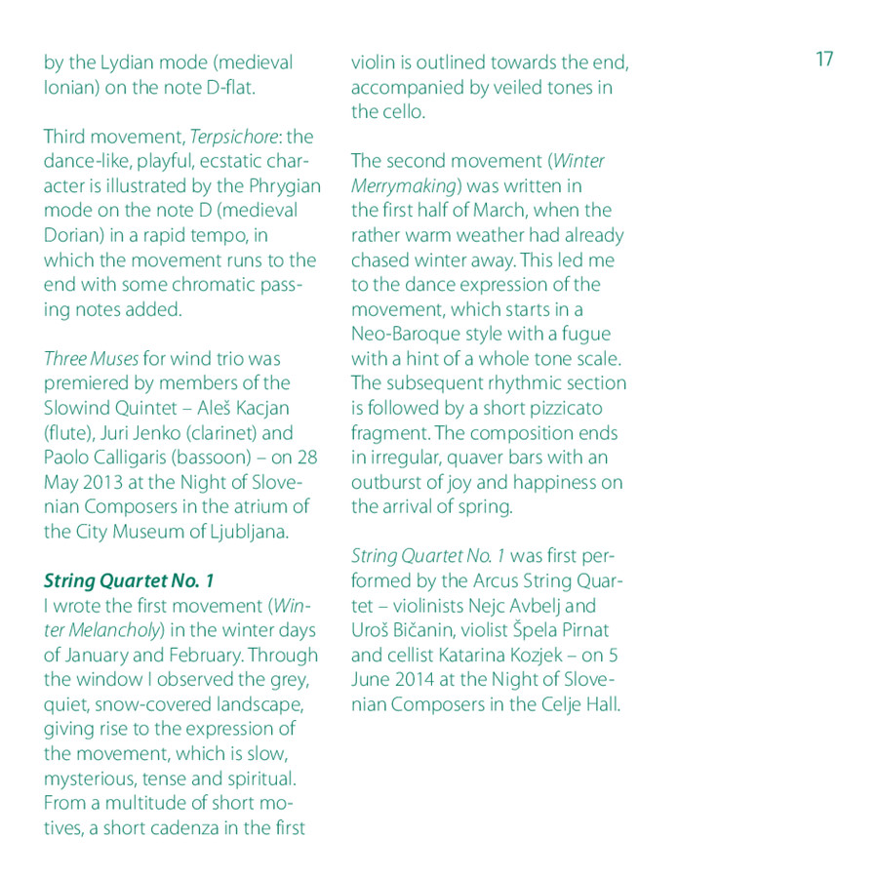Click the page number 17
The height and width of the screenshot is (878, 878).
point(824,60)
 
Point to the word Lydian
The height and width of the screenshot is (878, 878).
point(126,63)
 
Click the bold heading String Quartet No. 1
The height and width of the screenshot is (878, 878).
point(129,581)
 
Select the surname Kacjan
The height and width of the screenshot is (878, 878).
point(257,408)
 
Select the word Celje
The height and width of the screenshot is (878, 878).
point(556,704)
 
